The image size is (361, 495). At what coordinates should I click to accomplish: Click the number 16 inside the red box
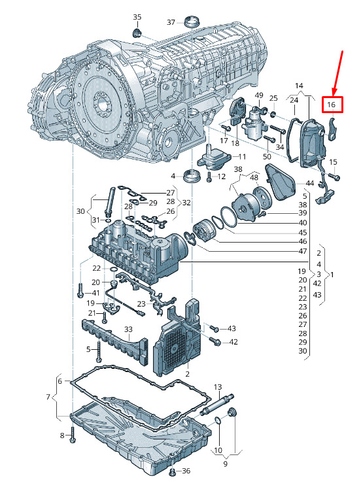(x=331, y=104)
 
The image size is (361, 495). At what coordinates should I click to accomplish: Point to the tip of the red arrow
(x=333, y=95)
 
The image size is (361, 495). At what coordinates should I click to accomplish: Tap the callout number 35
(x=137, y=17)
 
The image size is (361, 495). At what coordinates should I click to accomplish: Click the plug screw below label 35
(x=137, y=32)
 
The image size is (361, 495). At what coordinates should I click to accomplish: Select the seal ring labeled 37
(x=192, y=22)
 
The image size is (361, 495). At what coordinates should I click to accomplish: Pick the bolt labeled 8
(x=73, y=435)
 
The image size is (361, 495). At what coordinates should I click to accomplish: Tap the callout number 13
(x=218, y=386)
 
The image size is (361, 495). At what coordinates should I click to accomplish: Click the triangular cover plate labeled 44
(x=281, y=182)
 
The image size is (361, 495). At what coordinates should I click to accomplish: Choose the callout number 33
(x=128, y=330)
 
